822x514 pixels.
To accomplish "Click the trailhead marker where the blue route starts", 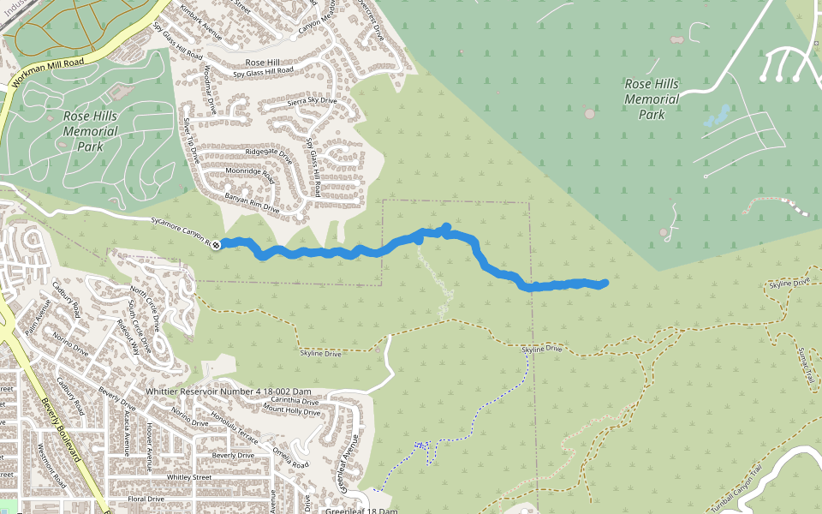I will [x=217, y=244].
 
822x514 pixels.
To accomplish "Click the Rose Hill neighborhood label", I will [x=263, y=63].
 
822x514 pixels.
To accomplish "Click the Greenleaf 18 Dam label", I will [x=361, y=511].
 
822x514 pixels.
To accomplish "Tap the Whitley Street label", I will [x=189, y=476].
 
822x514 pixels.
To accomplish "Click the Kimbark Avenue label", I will [x=200, y=23].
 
